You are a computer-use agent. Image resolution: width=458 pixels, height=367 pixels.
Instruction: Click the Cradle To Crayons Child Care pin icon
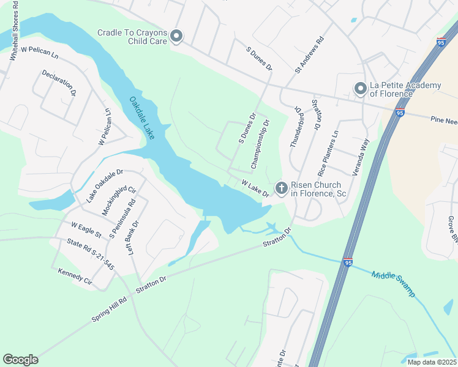176,37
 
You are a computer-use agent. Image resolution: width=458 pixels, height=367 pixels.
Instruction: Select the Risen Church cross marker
281,188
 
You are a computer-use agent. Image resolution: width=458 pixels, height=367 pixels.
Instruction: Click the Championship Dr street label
260,145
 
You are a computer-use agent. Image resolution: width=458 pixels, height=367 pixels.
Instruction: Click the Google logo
20,360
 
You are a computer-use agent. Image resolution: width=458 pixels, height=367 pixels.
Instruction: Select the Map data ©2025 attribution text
432,362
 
